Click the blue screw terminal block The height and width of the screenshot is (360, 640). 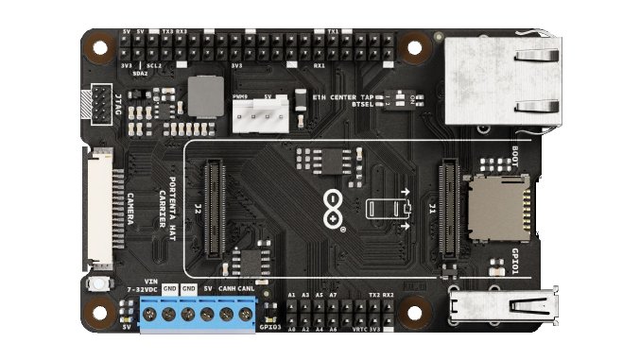coord(199,313)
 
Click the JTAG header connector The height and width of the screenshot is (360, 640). coord(97,103)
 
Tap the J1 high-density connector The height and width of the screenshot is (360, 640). coord(448,210)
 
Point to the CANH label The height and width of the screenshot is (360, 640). coord(227,287)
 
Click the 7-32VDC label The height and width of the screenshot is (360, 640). coord(142,288)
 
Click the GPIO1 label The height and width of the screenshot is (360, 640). coord(514,260)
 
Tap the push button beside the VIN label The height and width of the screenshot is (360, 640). coord(95,285)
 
